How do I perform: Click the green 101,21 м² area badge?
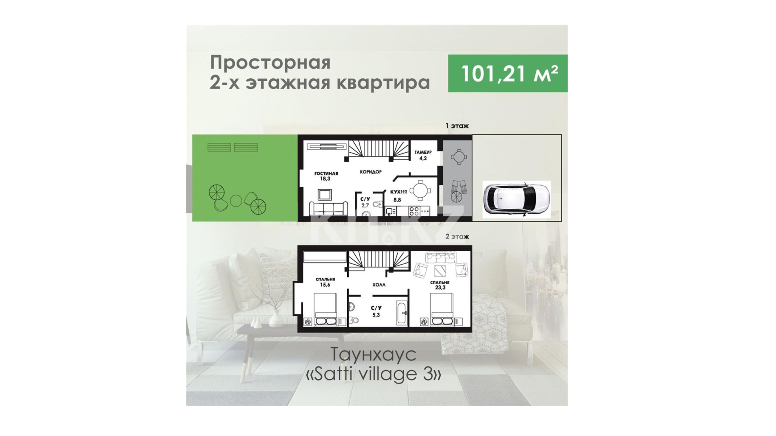pos(508,73)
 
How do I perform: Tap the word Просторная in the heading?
pos(270,63)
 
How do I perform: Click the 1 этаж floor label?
pos(457,126)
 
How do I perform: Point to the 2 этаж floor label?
pos(457,237)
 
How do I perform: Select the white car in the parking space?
pos(516,199)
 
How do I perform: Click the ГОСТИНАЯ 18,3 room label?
pos(326,176)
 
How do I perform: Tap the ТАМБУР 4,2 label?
pos(423,155)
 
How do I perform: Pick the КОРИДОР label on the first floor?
pos(371,172)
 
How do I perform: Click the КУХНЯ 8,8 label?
pos(398,196)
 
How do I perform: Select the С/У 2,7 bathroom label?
pos(365,202)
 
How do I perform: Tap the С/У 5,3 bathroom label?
pos(376,311)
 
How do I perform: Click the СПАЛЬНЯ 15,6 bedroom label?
pos(325,282)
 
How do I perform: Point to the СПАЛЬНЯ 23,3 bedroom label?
pos(440,285)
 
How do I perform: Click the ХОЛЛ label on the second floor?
pos(379,285)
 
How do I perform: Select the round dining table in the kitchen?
pos(420,191)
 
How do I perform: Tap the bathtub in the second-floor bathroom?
pos(402,313)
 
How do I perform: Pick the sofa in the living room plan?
pos(328,208)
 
